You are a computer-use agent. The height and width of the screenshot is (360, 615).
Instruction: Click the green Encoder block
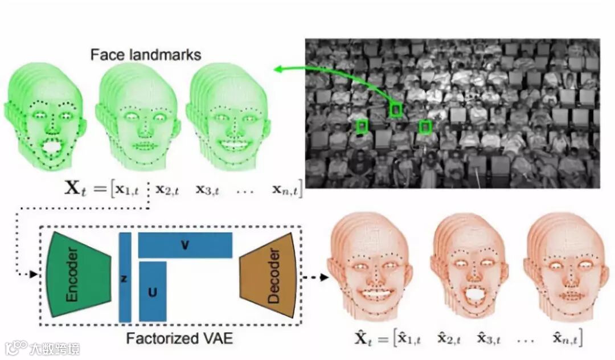point(79,274)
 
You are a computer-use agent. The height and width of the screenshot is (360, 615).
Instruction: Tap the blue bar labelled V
point(185,245)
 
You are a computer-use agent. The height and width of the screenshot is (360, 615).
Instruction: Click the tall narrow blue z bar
point(125,277)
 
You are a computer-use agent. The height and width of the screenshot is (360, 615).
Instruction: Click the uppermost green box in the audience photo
point(396,109)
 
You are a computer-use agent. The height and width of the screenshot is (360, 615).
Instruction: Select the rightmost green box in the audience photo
point(424,127)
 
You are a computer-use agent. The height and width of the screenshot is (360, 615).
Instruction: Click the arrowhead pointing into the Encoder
point(32,274)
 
